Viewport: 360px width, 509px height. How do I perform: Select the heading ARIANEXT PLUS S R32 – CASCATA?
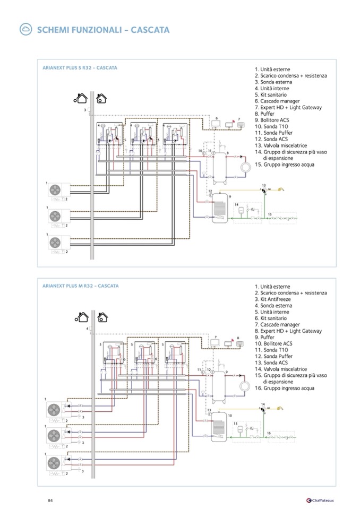coord(80,68)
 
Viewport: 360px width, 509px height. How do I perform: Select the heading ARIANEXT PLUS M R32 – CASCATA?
coord(80,286)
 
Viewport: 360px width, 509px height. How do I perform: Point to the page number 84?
coord(50,499)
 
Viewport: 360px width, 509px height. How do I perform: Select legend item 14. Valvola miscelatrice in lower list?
coord(284,369)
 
